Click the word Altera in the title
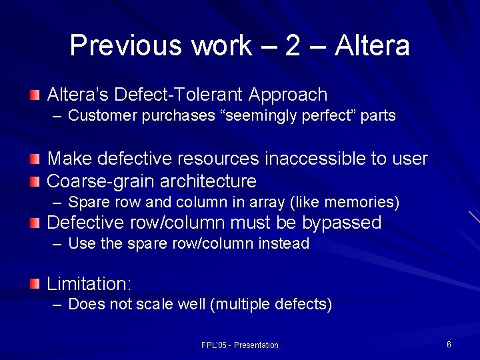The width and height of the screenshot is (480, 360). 372,45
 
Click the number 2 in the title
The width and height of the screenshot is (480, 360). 294,45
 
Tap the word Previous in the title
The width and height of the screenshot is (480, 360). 126,45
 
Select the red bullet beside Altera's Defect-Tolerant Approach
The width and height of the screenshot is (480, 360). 35,95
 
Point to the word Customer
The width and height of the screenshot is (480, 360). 103,116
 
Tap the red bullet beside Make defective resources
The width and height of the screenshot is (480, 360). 35,159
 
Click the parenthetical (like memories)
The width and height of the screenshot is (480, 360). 346,202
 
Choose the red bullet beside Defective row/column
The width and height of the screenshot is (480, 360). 35,223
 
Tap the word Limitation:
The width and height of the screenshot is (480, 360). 89,284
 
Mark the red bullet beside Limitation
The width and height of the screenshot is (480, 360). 35,284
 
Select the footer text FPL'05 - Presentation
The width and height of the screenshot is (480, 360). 240,345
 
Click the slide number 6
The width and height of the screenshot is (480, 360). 449,345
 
